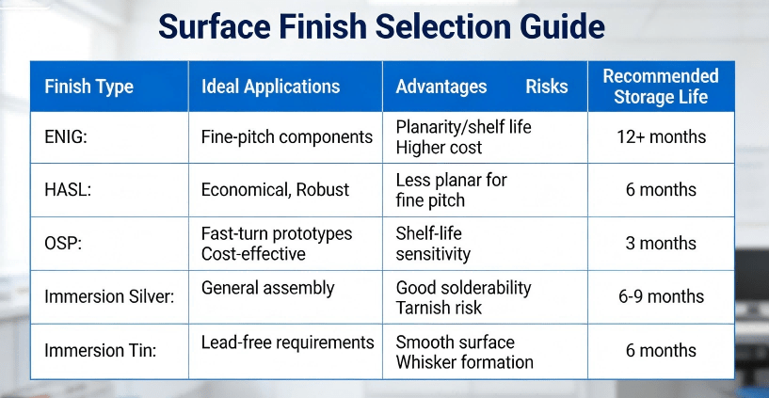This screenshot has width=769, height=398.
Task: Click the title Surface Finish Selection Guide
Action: [381, 26]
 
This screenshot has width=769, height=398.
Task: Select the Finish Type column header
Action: [89, 87]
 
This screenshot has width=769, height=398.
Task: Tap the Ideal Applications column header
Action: [271, 87]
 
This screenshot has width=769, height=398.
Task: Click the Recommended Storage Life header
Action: [661, 87]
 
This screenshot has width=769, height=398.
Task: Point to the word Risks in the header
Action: [547, 87]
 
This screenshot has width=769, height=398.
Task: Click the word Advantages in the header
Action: [441, 87]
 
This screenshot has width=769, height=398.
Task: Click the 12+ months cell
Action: [660, 137]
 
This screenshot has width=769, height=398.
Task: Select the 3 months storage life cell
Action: [661, 243]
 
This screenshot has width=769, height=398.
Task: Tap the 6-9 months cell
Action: [661, 296]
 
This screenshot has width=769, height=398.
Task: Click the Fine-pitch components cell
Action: [287, 137]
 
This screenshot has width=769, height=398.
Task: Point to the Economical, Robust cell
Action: [275, 190]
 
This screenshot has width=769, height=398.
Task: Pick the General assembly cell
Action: [268, 289]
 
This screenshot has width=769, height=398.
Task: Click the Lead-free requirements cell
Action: [288, 342]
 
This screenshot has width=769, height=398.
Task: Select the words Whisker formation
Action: [465, 362]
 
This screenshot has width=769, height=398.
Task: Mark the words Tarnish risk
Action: [439, 309]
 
